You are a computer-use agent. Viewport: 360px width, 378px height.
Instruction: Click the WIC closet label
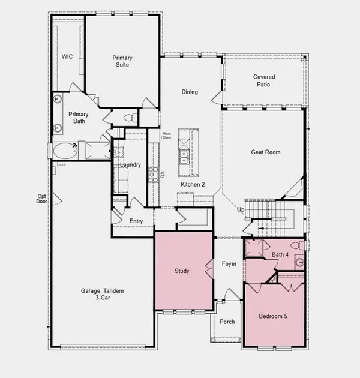[x=67, y=57]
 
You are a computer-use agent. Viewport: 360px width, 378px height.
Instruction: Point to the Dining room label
[x=190, y=92]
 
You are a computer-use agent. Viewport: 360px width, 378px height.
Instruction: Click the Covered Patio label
[x=265, y=81]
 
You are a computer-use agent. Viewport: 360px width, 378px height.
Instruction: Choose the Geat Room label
[x=265, y=152]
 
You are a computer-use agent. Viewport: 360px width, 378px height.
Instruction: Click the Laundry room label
[x=130, y=165]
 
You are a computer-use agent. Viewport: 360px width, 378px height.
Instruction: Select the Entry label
[x=136, y=221]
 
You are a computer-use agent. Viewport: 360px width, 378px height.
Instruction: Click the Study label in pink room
[x=182, y=271]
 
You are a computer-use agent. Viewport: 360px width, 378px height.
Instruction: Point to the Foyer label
[x=229, y=264]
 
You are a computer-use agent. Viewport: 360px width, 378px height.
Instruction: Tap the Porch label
[x=227, y=322]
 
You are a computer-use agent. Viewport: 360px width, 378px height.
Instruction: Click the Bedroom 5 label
[x=273, y=316]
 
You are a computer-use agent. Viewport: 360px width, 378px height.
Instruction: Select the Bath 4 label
[x=280, y=255]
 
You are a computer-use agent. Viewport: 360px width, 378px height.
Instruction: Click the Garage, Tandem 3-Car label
[x=103, y=295]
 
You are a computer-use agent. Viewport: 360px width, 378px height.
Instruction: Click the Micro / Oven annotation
[x=167, y=136]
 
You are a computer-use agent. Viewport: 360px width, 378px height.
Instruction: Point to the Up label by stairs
[x=241, y=210]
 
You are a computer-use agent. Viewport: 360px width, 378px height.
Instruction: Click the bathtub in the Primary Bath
[x=65, y=151]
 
